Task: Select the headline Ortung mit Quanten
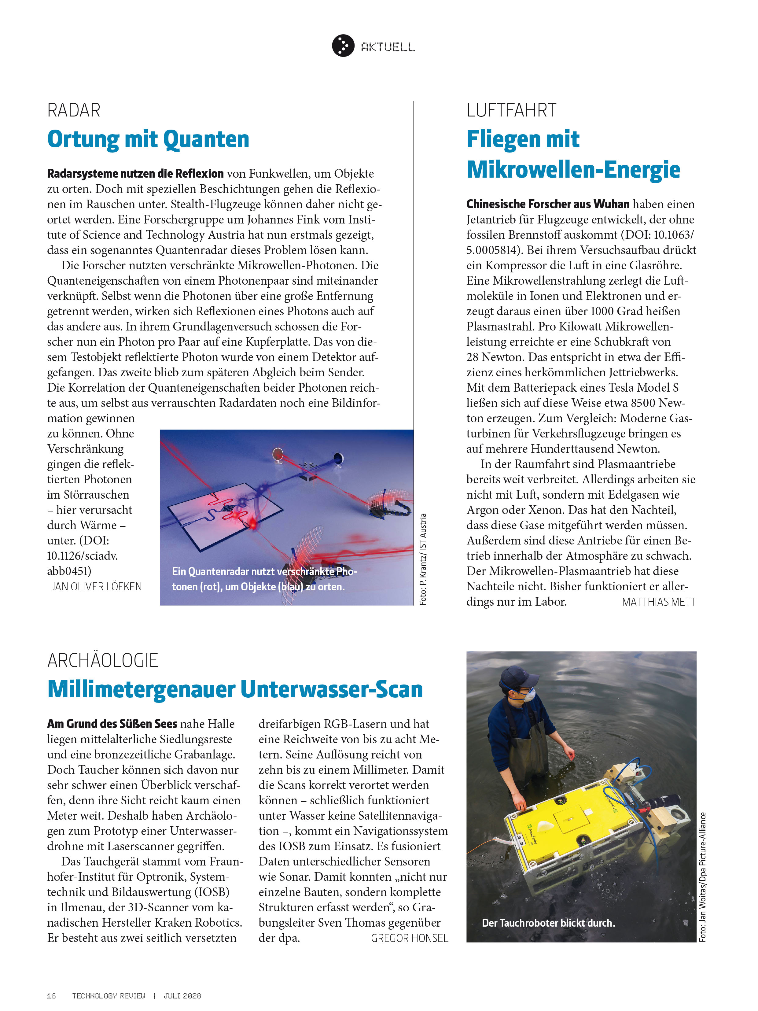point(148,139)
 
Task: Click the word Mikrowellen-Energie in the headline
point(573,170)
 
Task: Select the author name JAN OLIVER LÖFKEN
point(96,587)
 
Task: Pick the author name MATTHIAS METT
point(658,602)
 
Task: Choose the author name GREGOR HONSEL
point(409,938)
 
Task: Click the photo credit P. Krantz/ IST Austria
point(423,560)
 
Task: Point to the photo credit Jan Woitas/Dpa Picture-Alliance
point(703,877)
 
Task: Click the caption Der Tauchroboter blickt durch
point(548,923)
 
